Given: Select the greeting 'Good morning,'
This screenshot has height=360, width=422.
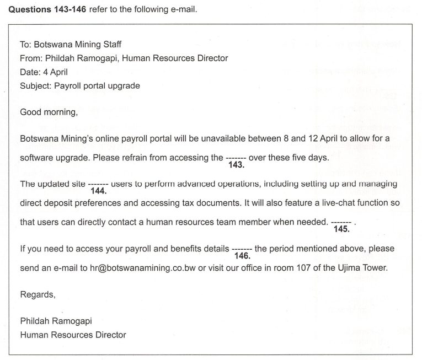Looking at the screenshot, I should [x=49, y=112].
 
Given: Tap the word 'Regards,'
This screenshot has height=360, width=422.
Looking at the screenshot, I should [x=38, y=294].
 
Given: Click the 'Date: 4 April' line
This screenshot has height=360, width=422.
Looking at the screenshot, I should [x=45, y=72].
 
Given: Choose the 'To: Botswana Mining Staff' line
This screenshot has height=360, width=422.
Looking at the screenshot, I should [x=70, y=44].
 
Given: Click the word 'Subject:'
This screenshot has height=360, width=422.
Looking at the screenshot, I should [x=36, y=85].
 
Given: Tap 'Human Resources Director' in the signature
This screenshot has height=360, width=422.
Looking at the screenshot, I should [x=73, y=335].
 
